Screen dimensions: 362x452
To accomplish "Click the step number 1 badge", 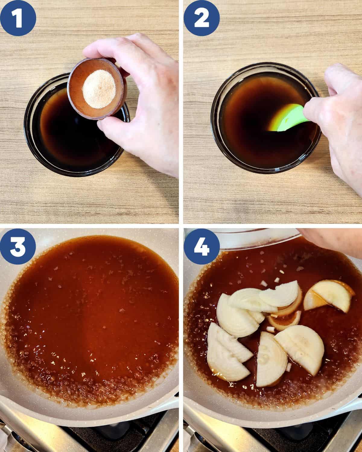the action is pyautogui.click(x=18, y=18).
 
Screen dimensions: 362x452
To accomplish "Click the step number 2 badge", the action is pyautogui.click(x=202, y=18).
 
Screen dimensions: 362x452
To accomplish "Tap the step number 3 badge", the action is pyautogui.click(x=18, y=246).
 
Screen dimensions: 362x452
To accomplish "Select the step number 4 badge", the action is pyautogui.click(x=202, y=246).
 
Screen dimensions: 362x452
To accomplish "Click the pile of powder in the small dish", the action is pyautogui.click(x=99, y=89).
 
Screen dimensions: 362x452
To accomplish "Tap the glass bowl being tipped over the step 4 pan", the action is pyautogui.click(x=257, y=238).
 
